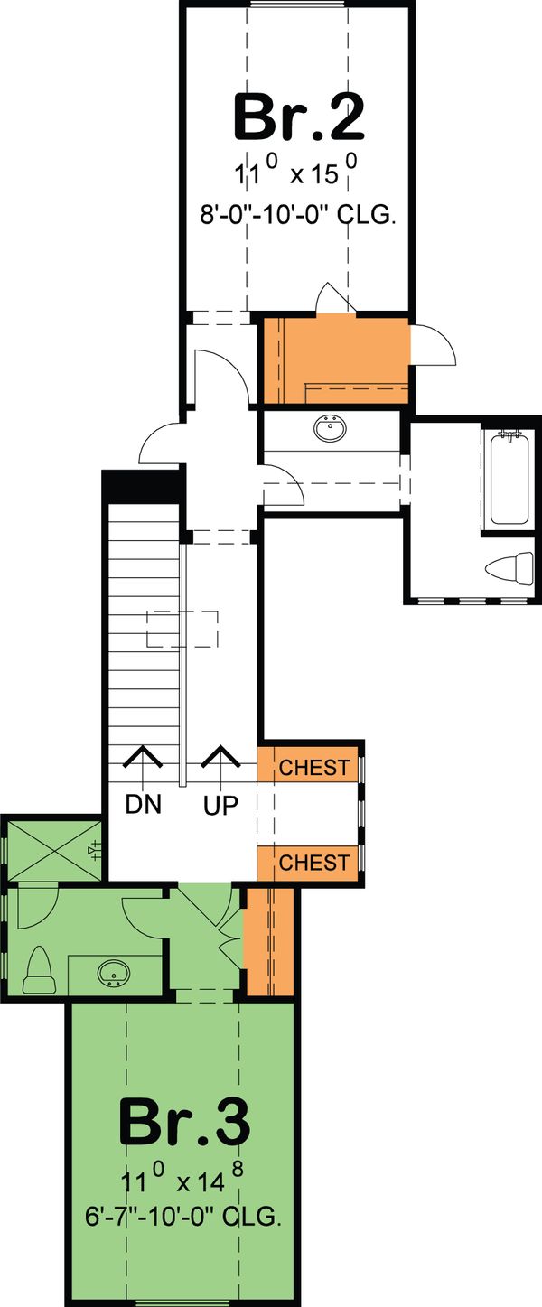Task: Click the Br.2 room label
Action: coord(298,117)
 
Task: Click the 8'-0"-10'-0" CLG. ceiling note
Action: coord(298,216)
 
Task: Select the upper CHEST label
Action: coord(313,768)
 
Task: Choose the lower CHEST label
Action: coord(313,863)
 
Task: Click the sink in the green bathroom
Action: coord(114,975)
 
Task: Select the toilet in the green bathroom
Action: coord(39,970)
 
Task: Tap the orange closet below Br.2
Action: coord(334,359)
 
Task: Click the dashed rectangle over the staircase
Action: coord(183,629)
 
